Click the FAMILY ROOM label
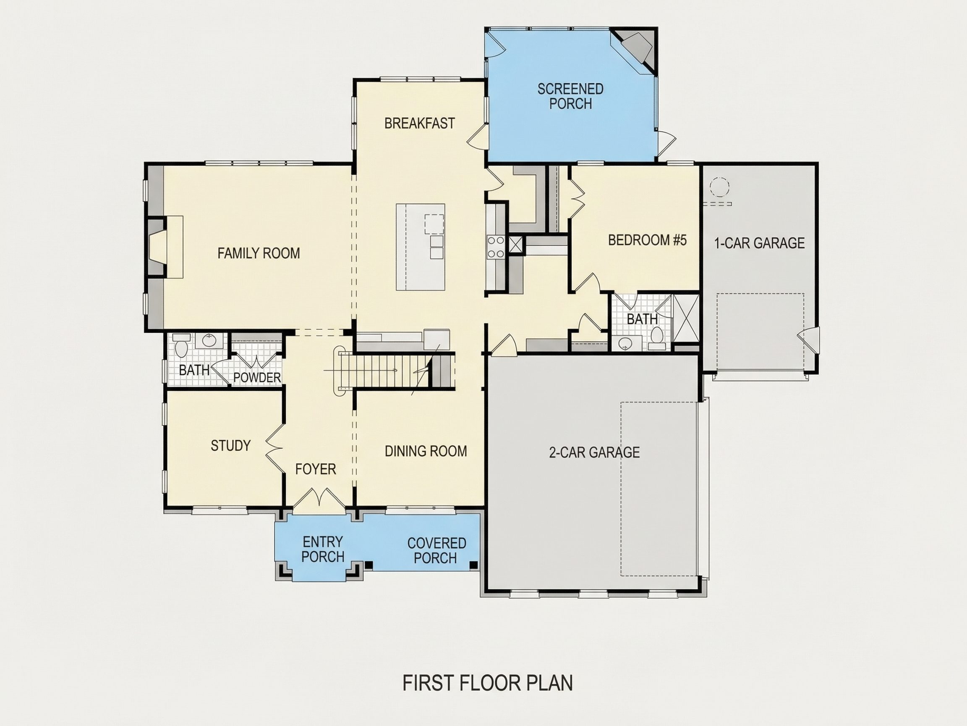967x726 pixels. (259, 253)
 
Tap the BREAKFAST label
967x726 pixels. (420, 124)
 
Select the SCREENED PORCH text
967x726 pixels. (570, 96)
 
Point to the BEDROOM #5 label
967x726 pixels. (648, 240)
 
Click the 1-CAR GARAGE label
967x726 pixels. (759, 243)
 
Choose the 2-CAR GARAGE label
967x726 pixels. (595, 452)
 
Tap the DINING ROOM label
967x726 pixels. (426, 451)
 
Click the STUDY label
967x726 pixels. (231, 445)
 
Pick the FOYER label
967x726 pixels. (316, 469)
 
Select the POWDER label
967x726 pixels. (257, 378)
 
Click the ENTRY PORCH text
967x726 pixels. (323, 549)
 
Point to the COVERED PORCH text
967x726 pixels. (436, 550)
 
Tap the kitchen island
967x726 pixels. (421, 247)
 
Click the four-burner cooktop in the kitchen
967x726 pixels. (496, 247)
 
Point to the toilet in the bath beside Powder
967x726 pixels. (181, 346)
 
